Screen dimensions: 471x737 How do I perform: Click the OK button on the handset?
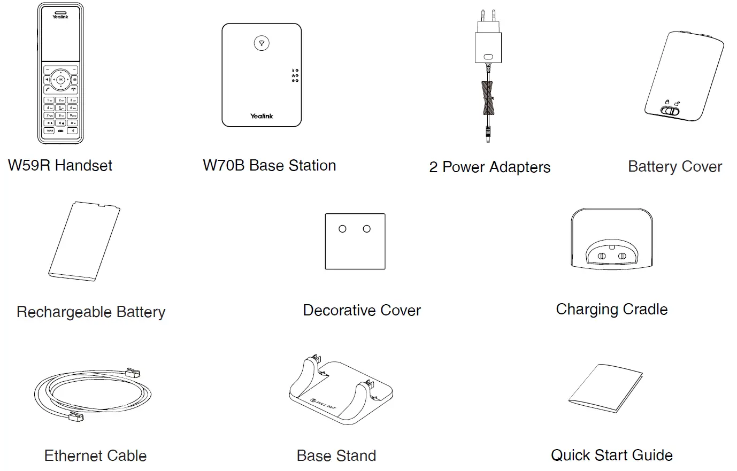(60, 80)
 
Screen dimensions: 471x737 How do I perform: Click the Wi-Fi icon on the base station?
(262, 43)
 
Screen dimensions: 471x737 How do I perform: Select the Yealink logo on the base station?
(262, 116)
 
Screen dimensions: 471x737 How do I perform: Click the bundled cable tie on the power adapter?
(488, 98)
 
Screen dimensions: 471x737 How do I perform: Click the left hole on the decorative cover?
(342, 229)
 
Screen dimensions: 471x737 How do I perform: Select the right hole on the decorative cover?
(366, 229)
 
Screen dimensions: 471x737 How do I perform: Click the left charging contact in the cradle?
(602, 256)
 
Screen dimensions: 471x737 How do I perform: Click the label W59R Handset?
(60, 166)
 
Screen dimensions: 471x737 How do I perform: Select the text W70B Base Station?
(269, 166)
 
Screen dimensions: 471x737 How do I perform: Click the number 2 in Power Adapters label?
(433, 167)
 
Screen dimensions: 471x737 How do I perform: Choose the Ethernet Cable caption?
(95, 455)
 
